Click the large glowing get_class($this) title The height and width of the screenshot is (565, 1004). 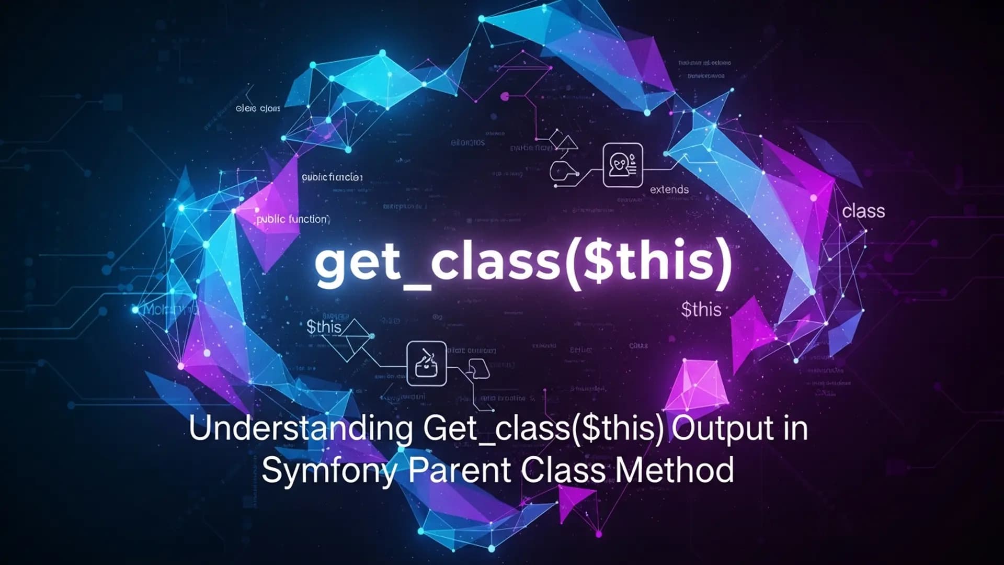(x=523, y=263)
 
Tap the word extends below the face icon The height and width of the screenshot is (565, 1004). (x=669, y=189)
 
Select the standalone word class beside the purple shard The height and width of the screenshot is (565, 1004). (x=863, y=211)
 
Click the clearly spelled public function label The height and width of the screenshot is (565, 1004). (x=292, y=219)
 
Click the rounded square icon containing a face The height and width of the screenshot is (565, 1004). (x=622, y=165)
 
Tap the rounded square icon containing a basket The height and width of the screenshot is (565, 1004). (x=426, y=363)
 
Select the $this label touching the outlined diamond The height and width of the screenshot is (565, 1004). (x=324, y=327)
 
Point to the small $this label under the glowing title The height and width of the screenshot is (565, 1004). (x=701, y=310)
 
